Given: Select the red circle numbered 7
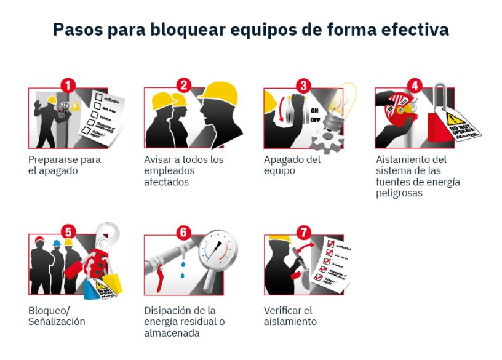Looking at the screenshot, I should [303, 233].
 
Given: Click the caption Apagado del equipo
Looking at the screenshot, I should [292, 165].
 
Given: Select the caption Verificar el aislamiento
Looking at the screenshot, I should [290, 316].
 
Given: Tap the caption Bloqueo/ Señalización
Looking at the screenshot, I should [57, 316].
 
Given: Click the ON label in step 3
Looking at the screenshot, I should [314, 111].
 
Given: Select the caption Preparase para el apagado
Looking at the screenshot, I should [64, 165].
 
